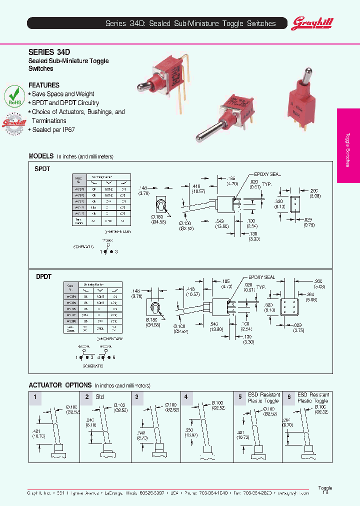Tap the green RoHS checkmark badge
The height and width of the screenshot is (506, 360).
14,95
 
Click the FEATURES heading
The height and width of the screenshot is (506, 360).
44,85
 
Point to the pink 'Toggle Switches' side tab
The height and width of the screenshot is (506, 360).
348,144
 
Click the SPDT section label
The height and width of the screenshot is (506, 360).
42,169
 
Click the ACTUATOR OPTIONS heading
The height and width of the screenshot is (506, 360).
60,385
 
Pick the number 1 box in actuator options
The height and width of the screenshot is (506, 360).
34,396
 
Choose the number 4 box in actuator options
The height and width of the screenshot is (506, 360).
186,396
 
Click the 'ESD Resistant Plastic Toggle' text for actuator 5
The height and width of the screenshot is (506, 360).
263,397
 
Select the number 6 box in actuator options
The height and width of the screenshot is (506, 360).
288,396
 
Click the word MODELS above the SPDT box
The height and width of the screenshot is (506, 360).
41,156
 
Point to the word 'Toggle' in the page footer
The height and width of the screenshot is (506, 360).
325,488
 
